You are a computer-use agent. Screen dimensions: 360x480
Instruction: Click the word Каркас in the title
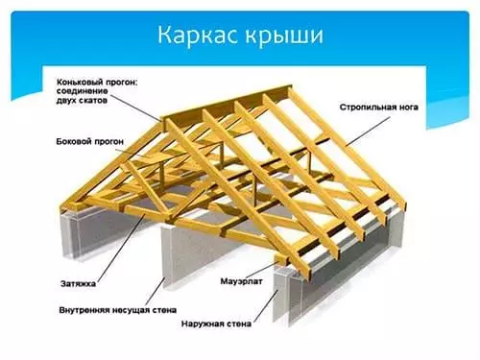click(x=197, y=36)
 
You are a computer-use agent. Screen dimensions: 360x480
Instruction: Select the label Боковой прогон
click(x=81, y=141)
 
